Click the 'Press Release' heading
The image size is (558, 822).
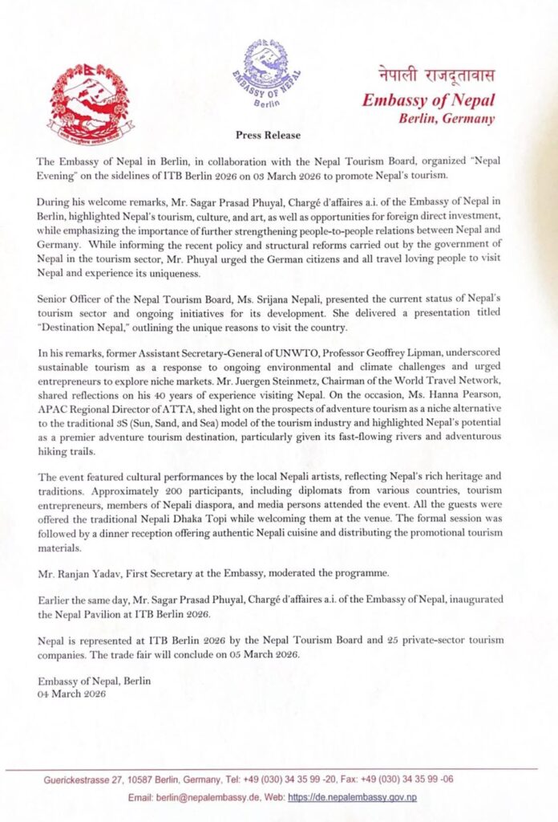click(269, 135)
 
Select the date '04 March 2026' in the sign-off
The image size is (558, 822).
click(71, 694)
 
